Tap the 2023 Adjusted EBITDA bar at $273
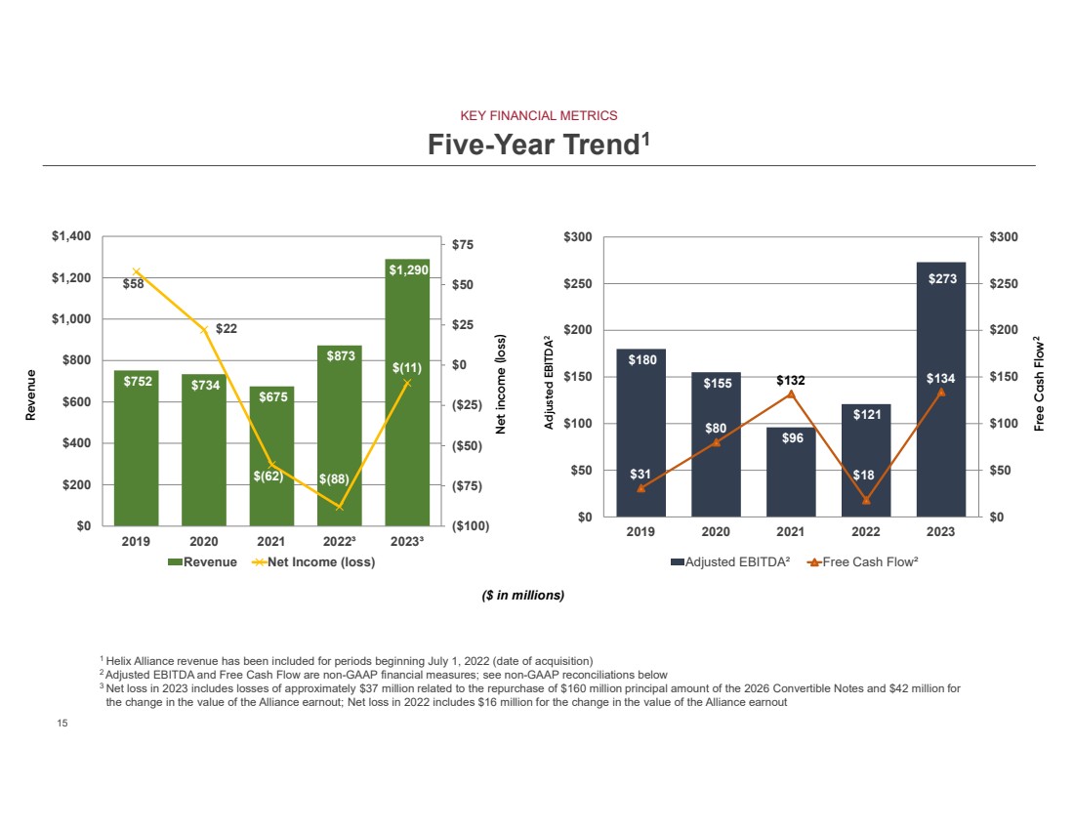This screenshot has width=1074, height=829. tap(941, 391)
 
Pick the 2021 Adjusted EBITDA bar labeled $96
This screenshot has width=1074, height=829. tap(791, 474)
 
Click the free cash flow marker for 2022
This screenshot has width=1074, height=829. tap(866, 501)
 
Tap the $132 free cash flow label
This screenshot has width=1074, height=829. tap(792, 380)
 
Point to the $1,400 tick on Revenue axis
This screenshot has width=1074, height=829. tap(70, 237)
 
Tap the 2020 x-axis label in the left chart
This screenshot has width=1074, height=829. tap(203, 542)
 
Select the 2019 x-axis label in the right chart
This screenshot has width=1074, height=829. tap(640, 532)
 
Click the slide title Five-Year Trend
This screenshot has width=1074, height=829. tap(538, 145)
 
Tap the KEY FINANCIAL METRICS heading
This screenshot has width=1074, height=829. tap(538, 115)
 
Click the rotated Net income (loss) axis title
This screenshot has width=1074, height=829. tap(500, 384)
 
